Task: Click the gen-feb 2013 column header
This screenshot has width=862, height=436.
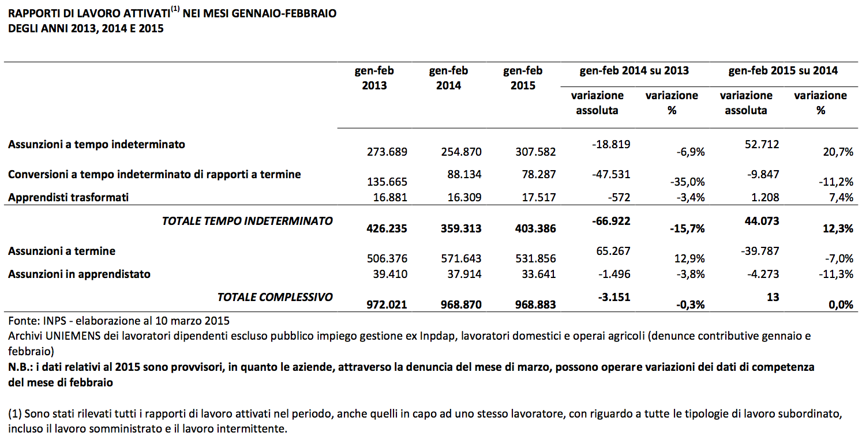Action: pyautogui.click(x=374, y=78)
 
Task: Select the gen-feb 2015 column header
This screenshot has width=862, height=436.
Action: pyautogui.click(x=523, y=78)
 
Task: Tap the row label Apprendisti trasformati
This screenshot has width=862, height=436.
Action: pyautogui.click(x=68, y=197)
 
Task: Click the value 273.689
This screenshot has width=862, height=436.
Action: pyautogui.click(x=387, y=152)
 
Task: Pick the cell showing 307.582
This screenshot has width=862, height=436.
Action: pyautogui.click(x=535, y=152)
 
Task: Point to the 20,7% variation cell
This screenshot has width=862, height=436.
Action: pyautogui.click(x=838, y=152)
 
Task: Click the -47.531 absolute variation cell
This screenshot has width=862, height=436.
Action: pyautogui.click(x=611, y=174)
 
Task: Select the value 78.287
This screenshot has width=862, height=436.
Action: pyautogui.click(x=538, y=174)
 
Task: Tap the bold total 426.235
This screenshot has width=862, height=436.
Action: pyautogui.click(x=387, y=228)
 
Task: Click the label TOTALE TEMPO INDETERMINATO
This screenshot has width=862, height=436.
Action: pyautogui.click(x=247, y=221)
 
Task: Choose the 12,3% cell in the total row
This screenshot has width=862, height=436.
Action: pyautogui.click(x=838, y=228)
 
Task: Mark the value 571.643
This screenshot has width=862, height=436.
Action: pyautogui.click(x=461, y=258)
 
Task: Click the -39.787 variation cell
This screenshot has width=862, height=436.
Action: pyautogui.click(x=760, y=251)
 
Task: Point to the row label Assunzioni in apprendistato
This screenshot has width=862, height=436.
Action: pyautogui.click(x=79, y=275)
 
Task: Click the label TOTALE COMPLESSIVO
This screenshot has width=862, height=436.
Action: pyautogui.click(x=275, y=297)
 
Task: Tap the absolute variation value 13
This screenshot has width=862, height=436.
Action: pyautogui.click(x=773, y=297)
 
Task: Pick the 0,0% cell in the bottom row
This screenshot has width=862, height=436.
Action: pyautogui.click(x=841, y=305)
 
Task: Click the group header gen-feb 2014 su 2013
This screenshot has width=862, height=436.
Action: pyautogui.click(x=634, y=70)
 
